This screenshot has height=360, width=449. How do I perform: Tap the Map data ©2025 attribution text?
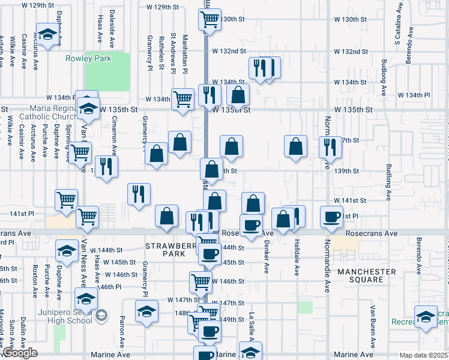coord(424,355)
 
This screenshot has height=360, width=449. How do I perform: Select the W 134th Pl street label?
coord(414,95)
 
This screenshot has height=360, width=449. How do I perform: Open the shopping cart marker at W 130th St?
coord(209,20)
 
